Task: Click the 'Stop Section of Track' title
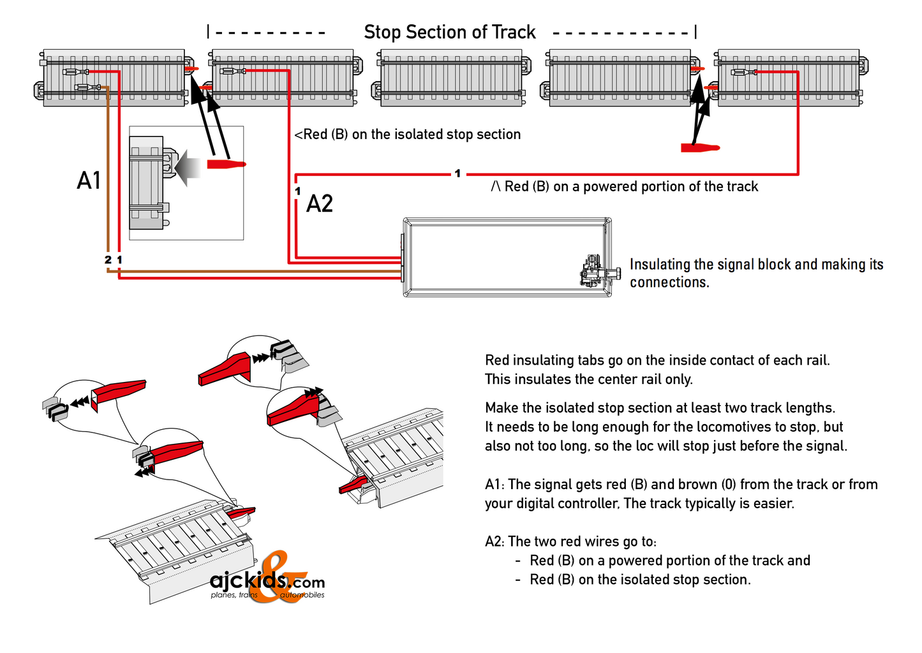tap(449, 32)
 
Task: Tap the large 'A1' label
tap(89, 180)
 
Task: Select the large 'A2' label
tap(320, 204)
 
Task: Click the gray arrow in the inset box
tap(188, 167)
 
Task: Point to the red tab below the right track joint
tap(700, 148)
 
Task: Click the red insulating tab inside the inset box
tap(226, 165)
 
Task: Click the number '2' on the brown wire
tap(108, 260)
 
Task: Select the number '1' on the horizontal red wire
tap(457, 173)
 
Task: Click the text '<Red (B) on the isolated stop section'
tap(407, 135)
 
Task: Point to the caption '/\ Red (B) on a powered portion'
tap(624, 187)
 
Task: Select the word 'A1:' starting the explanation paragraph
tap(495, 485)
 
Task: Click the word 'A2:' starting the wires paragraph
tap(495, 542)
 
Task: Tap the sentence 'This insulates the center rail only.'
tap(588, 379)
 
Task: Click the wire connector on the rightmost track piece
tap(744, 72)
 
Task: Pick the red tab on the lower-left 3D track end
tap(242, 511)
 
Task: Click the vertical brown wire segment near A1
tap(108, 172)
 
